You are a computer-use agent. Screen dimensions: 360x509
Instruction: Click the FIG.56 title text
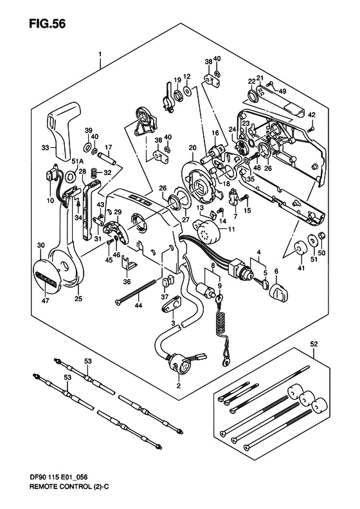coord(47,24)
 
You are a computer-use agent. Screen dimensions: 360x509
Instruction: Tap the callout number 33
coord(46,148)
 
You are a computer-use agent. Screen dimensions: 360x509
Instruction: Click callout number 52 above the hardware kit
coord(314,344)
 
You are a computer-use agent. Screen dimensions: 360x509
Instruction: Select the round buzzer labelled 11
coord(208,229)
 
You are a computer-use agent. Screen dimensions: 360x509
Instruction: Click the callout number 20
coord(193,148)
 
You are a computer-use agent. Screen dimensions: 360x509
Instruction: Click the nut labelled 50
coord(321,236)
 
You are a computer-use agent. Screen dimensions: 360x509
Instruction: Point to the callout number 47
coord(46,301)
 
